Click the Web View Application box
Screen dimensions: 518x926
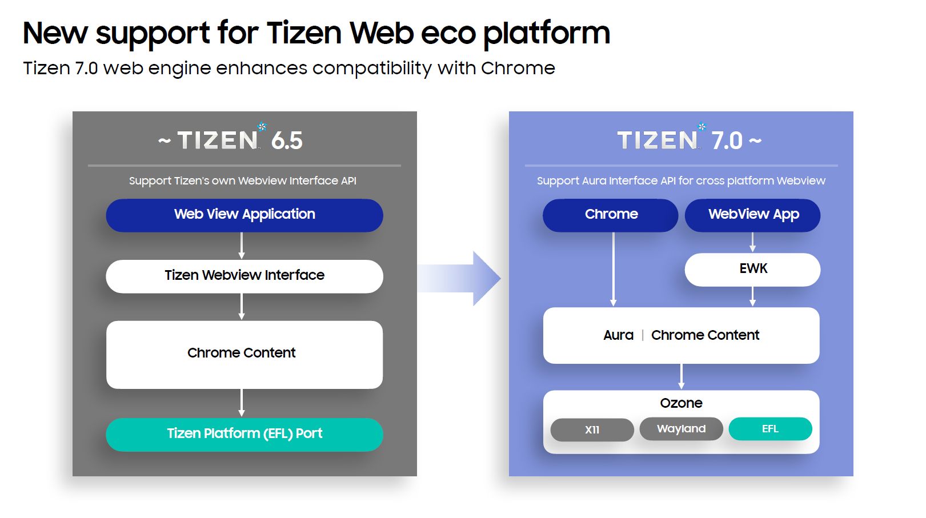244,215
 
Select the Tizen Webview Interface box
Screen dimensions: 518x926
244,276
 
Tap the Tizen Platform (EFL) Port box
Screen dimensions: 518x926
244,434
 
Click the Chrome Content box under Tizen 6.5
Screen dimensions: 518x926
244,354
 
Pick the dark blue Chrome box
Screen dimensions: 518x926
610,215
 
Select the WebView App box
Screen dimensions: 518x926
752,215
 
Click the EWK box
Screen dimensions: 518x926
752,269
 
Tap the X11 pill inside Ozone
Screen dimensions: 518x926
592,429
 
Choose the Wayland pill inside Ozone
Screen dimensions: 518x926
681,429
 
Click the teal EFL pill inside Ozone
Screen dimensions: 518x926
770,429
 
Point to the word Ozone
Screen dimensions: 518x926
681,403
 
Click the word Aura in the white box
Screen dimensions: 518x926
618,335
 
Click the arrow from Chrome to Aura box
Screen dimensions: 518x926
614,268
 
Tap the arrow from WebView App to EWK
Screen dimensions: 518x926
752,242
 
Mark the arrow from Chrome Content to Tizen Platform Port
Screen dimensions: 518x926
242,403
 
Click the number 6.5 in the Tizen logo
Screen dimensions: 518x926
287,140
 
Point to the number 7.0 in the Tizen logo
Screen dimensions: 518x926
727,140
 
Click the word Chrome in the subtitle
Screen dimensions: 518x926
518,68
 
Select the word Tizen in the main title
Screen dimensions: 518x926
304,33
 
